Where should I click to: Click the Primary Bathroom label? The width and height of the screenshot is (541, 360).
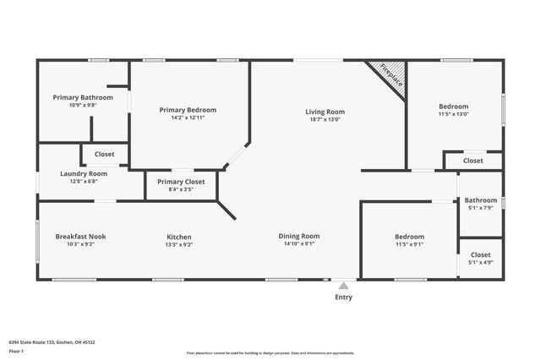pyautogui.click(x=83, y=97)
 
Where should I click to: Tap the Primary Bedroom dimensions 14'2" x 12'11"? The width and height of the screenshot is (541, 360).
pyautogui.click(x=189, y=118)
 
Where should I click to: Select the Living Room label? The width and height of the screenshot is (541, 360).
pyautogui.click(x=325, y=112)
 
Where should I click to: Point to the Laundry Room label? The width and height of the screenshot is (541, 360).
pyautogui.click(x=83, y=174)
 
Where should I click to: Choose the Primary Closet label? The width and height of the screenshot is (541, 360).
pyautogui.click(x=181, y=181)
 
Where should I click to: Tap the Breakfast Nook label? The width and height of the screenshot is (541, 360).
pyautogui.click(x=80, y=237)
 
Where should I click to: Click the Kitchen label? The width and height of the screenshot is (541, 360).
pyautogui.click(x=178, y=237)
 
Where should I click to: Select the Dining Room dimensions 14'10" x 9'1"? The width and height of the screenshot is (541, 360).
pyautogui.click(x=299, y=244)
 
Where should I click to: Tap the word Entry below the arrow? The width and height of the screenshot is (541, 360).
pyautogui.click(x=344, y=297)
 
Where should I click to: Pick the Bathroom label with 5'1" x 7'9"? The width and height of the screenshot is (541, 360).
pyautogui.click(x=480, y=200)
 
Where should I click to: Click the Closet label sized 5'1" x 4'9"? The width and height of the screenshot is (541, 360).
pyautogui.click(x=480, y=254)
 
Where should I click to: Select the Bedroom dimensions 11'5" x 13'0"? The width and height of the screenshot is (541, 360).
pyautogui.click(x=455, y=114)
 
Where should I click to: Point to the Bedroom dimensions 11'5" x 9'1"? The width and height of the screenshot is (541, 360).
pyautogui.click(x=410, y=244)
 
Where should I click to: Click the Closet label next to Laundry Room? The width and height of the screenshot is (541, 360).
pyautogui.click(x=105, y=154)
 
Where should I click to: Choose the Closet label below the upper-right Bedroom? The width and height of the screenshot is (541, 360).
pyautogui.click(x=473, y=161)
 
